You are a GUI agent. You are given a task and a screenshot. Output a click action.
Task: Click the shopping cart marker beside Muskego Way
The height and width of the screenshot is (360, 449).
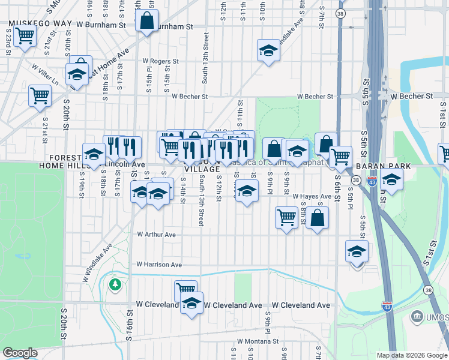pos(24,36)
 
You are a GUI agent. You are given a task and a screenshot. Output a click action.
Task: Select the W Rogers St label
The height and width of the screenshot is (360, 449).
pos(160,61)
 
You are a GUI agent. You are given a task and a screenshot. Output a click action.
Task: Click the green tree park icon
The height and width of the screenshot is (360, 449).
pos(115,284)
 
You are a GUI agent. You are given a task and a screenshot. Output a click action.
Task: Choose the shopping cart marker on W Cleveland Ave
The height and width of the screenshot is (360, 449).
pos(185,291)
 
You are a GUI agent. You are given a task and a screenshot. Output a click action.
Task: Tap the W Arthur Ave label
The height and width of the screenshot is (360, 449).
pos(156,235)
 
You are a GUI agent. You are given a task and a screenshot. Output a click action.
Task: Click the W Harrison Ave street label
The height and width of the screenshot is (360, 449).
pos(158,264)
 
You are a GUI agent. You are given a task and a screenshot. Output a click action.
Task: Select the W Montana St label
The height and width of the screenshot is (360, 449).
pos(258,341)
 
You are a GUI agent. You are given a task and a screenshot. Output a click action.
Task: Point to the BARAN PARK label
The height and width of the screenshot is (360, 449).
pos(383,166)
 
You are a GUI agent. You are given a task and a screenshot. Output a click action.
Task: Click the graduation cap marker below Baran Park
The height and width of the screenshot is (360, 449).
pos(391,180)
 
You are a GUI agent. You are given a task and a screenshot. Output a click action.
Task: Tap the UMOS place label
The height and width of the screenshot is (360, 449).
pos(438,316)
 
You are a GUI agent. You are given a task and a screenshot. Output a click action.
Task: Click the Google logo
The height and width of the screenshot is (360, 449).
pos(20,353)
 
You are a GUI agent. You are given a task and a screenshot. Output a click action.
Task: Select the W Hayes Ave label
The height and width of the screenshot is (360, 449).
pos(312,196)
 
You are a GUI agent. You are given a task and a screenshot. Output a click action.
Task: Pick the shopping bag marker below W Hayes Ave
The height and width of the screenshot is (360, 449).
pos(318,217)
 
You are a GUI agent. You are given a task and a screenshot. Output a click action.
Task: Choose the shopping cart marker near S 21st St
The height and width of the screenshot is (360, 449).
pos(40,95)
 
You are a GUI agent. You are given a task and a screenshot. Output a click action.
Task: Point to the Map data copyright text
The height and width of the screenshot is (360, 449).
pos(412,355)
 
